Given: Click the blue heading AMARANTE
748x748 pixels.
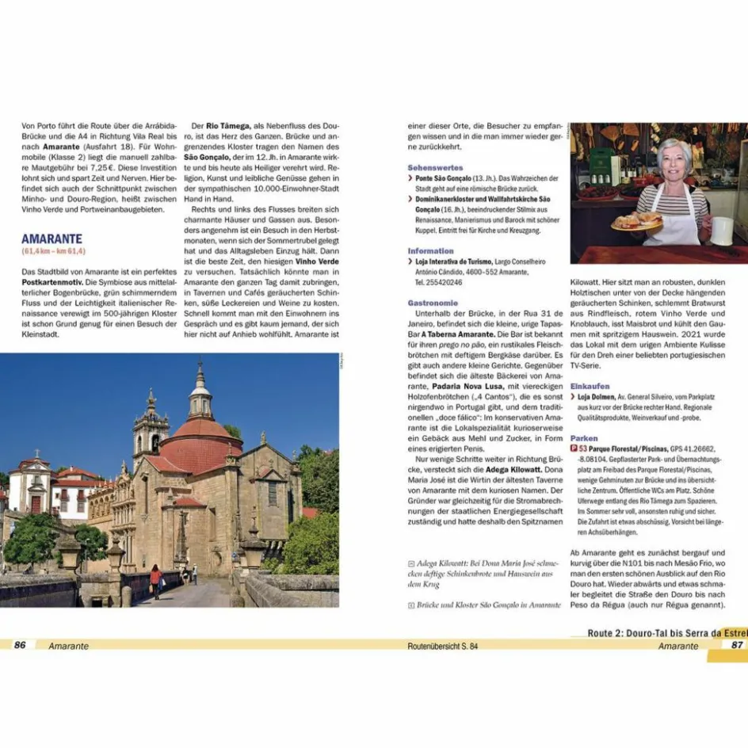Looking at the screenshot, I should click(52, 239).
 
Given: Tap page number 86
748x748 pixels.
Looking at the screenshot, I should click(20, 645).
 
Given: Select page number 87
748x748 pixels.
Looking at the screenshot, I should click(736, 645).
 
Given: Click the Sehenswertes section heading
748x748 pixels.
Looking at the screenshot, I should click(435, 168).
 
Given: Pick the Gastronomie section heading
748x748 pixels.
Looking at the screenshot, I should click(433, 303).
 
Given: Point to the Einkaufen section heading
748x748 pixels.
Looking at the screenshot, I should click(590, 386).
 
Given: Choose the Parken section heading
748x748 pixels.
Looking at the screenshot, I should click(584, 438).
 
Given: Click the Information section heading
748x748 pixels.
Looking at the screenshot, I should click(431, 251).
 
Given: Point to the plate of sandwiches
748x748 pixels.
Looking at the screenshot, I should click(636, 221).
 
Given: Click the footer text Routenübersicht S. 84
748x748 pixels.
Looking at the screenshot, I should click(442, 646).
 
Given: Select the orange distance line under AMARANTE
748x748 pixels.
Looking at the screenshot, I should click(53, 251).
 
